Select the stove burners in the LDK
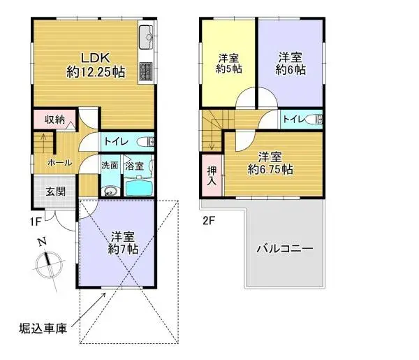click(x=147, y=71)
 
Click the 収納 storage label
click(x=55, y=120)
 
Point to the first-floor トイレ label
click(x=115, y=142)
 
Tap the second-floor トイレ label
click(x=293, y=120)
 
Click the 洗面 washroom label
click(x=110, y=166)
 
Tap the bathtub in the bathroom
click(x=137, y=187)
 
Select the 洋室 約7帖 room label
click(x=123, y=242)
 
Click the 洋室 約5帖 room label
click(x=228, y=64)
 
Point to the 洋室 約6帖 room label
click(x=290, y=63)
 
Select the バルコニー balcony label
click(x=284, y=248)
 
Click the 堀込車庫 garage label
click(x=43, y=328)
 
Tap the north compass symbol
click(x=47, y=262)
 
